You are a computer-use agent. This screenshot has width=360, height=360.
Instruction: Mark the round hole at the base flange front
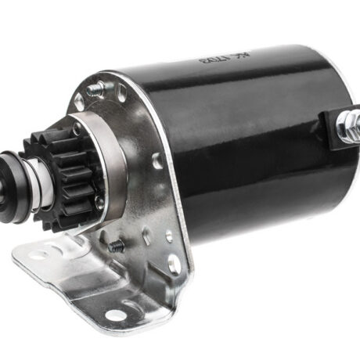(x=116, y=315)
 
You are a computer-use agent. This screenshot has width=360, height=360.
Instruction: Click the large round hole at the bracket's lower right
(x=174, y=265)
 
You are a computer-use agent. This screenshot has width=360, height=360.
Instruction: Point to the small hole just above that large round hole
(x=169, y=236)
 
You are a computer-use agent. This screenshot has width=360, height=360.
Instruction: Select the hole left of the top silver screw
(x=79, y=102)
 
